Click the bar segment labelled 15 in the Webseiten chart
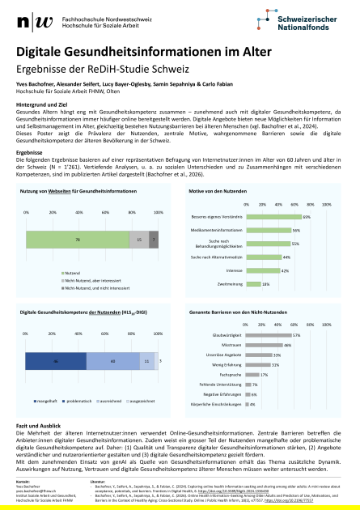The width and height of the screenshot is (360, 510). tap(138, 240)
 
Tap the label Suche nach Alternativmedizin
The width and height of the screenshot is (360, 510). tap(216, 257)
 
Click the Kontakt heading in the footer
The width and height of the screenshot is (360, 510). tap(23, 480)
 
